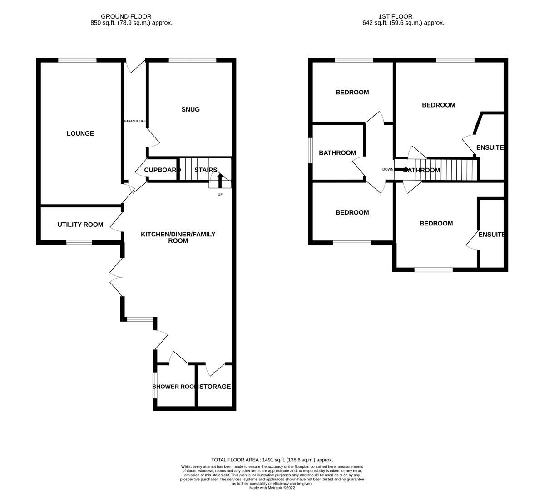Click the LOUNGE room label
tap(80, 133)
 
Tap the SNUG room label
tap(190, 109)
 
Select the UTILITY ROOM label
tap(80, 225)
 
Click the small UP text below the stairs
tap(220, 195)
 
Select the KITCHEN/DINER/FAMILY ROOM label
tap(178, 237)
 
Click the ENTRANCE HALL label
tap(134, 121)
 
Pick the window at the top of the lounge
tap(77, 60)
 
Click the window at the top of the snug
tap(193, 60)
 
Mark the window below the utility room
tap(79, 243)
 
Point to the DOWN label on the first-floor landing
tap(388, 169)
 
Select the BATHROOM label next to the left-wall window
tap(337, 153)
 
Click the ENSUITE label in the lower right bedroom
tap(491, 235)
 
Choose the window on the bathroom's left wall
tap(311, 150)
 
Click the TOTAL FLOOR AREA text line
tap(272, 460)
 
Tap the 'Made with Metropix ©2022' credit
tap(272, 488)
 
